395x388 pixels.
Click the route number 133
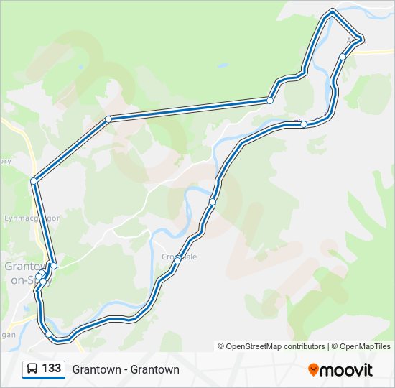click(51, 369)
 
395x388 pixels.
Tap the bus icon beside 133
click(32, 369)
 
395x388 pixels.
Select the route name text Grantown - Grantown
click(126, 369)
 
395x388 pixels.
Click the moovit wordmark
click(346, 370)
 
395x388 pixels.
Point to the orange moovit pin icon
click(313, 369)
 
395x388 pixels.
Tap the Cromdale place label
click(179, 256)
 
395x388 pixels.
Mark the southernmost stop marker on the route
click(49, 334)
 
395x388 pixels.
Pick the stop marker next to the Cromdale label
click(177, 261)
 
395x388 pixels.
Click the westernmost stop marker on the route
click(34, 180)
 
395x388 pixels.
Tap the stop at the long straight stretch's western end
click(108, 119)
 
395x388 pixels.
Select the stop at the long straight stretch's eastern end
click(270, 101)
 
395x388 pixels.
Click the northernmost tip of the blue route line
click(332, 11)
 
